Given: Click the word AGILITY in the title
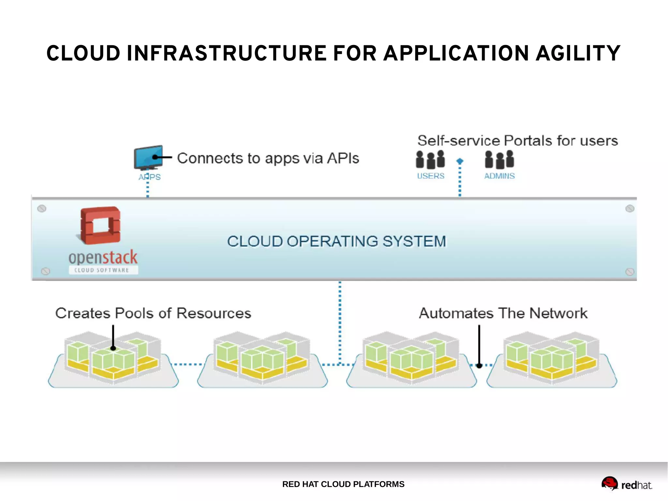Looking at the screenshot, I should tap(578, 54).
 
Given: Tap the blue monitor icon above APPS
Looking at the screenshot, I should tap(148, 157).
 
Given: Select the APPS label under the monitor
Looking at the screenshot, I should tap(149, 177).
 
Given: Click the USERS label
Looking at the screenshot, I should tap(431, 176).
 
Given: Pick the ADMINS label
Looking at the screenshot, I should tap(499, 176).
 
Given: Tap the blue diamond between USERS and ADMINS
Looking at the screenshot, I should tap(460, 161).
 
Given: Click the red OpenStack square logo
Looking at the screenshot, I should tap(100, 225).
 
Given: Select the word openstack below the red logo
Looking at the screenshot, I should tap(103, 258).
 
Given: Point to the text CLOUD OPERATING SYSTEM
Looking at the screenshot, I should tap(336, 242).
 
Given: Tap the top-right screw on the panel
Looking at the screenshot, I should tap(630, 209).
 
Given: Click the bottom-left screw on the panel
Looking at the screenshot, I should tap(46, 271).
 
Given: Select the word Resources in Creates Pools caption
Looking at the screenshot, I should tap(214, 313).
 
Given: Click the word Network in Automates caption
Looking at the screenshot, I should tap(558, 313).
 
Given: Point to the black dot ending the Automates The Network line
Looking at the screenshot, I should tap(479, 366).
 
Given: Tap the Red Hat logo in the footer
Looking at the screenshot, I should tap(626, 484).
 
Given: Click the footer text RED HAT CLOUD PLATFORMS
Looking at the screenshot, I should tap(343, 484).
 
